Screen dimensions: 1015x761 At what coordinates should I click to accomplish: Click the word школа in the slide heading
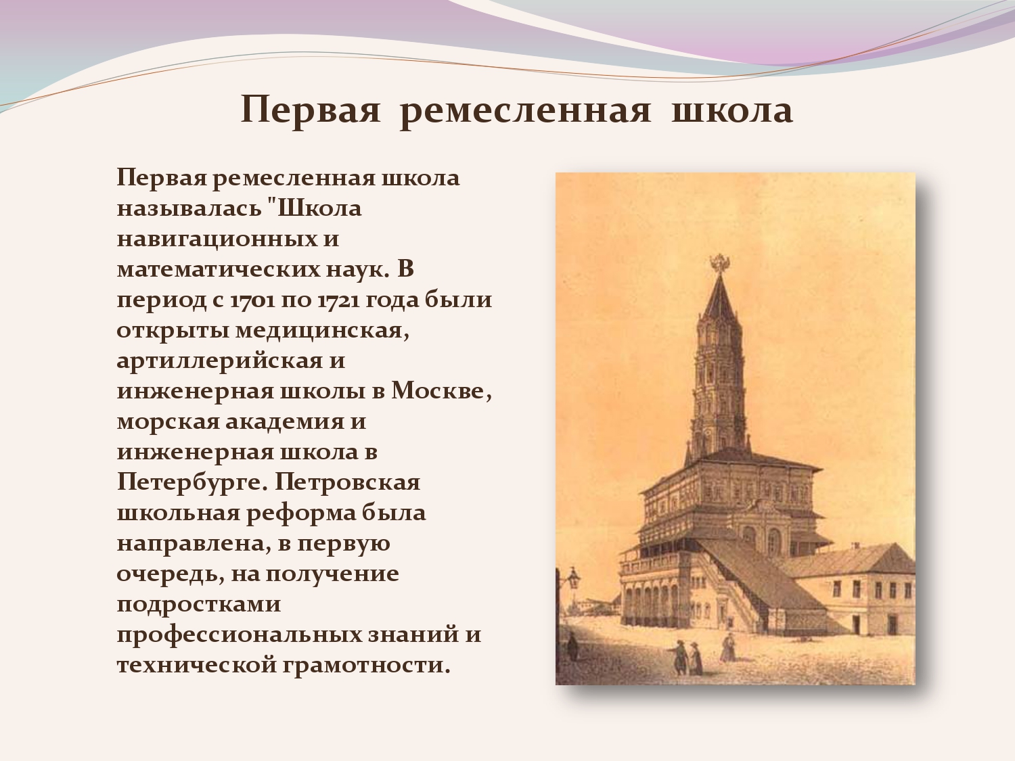tap(732, 111)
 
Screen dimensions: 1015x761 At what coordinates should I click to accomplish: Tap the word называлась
tap(189, 208)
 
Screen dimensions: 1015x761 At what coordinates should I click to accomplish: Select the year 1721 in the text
tap(338, 300)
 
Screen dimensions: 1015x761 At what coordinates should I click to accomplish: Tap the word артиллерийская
tap(220, 361)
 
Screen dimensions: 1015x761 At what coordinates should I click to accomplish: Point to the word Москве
tap(442, 391)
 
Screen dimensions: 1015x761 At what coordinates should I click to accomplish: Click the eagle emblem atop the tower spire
tap(720, 264)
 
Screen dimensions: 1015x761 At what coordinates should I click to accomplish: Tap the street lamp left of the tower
tap(573, 578)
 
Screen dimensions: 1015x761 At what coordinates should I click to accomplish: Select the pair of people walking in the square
tap(687, 657)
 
